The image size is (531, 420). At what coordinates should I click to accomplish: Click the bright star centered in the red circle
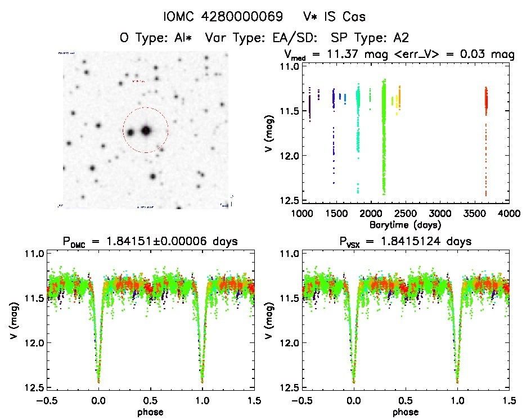(146, 130)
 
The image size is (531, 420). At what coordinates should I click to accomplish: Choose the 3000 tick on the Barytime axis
(440, 214)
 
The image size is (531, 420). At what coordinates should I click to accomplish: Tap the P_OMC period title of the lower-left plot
(151, 242)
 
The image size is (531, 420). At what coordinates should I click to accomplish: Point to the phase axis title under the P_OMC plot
(151, 411)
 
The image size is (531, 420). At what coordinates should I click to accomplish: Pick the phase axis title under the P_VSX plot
(406, 411)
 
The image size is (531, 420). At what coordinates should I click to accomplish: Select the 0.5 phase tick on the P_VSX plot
(406, 400)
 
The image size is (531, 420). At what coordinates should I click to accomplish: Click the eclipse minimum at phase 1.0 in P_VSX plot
(457, 381)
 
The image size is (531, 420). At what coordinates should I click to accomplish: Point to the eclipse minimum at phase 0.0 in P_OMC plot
(99, 381)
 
